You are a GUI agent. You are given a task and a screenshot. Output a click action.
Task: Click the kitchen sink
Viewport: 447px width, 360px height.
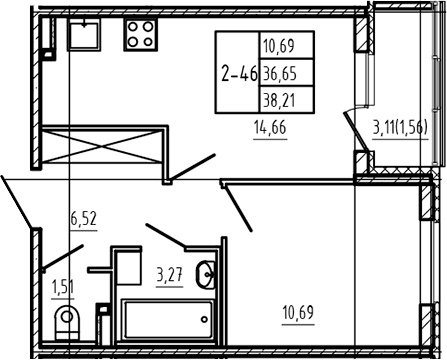coord(84,34)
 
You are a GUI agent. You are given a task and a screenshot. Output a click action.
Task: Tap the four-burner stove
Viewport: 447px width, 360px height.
coord(140,34)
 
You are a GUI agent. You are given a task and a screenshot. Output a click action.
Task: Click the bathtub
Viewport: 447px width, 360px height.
coord(167,319)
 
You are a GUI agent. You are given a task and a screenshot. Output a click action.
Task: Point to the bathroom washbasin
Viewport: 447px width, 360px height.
coord(206,274)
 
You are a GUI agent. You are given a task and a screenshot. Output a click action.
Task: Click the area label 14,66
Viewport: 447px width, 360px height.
coord(270,128)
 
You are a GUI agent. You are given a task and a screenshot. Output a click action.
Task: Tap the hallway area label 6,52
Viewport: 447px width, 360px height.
coord(83,219)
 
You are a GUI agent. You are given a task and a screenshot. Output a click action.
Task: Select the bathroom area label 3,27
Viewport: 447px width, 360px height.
coord(170,276)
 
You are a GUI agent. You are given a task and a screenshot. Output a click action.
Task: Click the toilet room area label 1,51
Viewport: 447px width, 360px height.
coord(63,287)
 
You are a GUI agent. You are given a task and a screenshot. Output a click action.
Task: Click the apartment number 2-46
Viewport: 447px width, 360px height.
coord(239,74)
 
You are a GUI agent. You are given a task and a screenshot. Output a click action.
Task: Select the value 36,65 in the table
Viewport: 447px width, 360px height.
coord(280,73)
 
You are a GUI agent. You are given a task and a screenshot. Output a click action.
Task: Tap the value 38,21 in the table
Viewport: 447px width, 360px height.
coord(279,100)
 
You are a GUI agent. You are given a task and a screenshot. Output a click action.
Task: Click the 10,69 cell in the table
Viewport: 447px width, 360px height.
coord(279,46)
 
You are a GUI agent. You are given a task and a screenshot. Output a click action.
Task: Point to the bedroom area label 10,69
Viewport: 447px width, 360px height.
coord(298,313)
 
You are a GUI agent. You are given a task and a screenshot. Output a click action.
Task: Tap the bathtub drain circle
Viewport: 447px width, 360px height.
coord(204,319)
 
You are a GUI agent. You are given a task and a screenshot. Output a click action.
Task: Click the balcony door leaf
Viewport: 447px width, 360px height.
coord(356,131)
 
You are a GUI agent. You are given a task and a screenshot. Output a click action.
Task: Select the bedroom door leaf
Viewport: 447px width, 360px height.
coord(238,208)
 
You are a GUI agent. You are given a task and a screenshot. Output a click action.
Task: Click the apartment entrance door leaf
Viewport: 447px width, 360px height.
coord(17,202)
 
